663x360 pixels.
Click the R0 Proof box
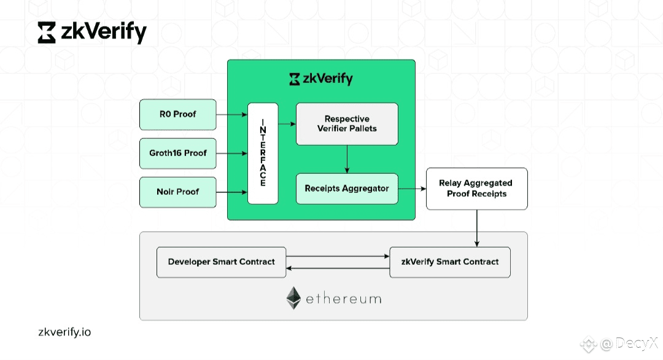[178, 114]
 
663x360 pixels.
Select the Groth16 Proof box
[178, 153]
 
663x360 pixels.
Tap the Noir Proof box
[178, 192]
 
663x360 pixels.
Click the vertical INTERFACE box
[263, 153]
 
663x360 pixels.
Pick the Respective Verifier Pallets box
[347, 123]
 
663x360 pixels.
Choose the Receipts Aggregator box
[347, 189]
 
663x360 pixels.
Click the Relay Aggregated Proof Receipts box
[476, 189]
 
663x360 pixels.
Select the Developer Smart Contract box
[222, 262]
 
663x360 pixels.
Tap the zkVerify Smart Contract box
[450, 262]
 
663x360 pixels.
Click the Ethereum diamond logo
[294, 298]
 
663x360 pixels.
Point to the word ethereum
[344, 299]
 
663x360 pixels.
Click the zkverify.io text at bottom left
[64, 332]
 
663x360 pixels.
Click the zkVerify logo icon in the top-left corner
[47, 33]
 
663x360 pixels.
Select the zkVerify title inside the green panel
[321, 79]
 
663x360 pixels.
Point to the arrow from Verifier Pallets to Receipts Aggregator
[347, 159]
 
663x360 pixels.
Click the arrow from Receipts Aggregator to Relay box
[412, 189]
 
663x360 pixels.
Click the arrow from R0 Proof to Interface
[231, 114]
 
